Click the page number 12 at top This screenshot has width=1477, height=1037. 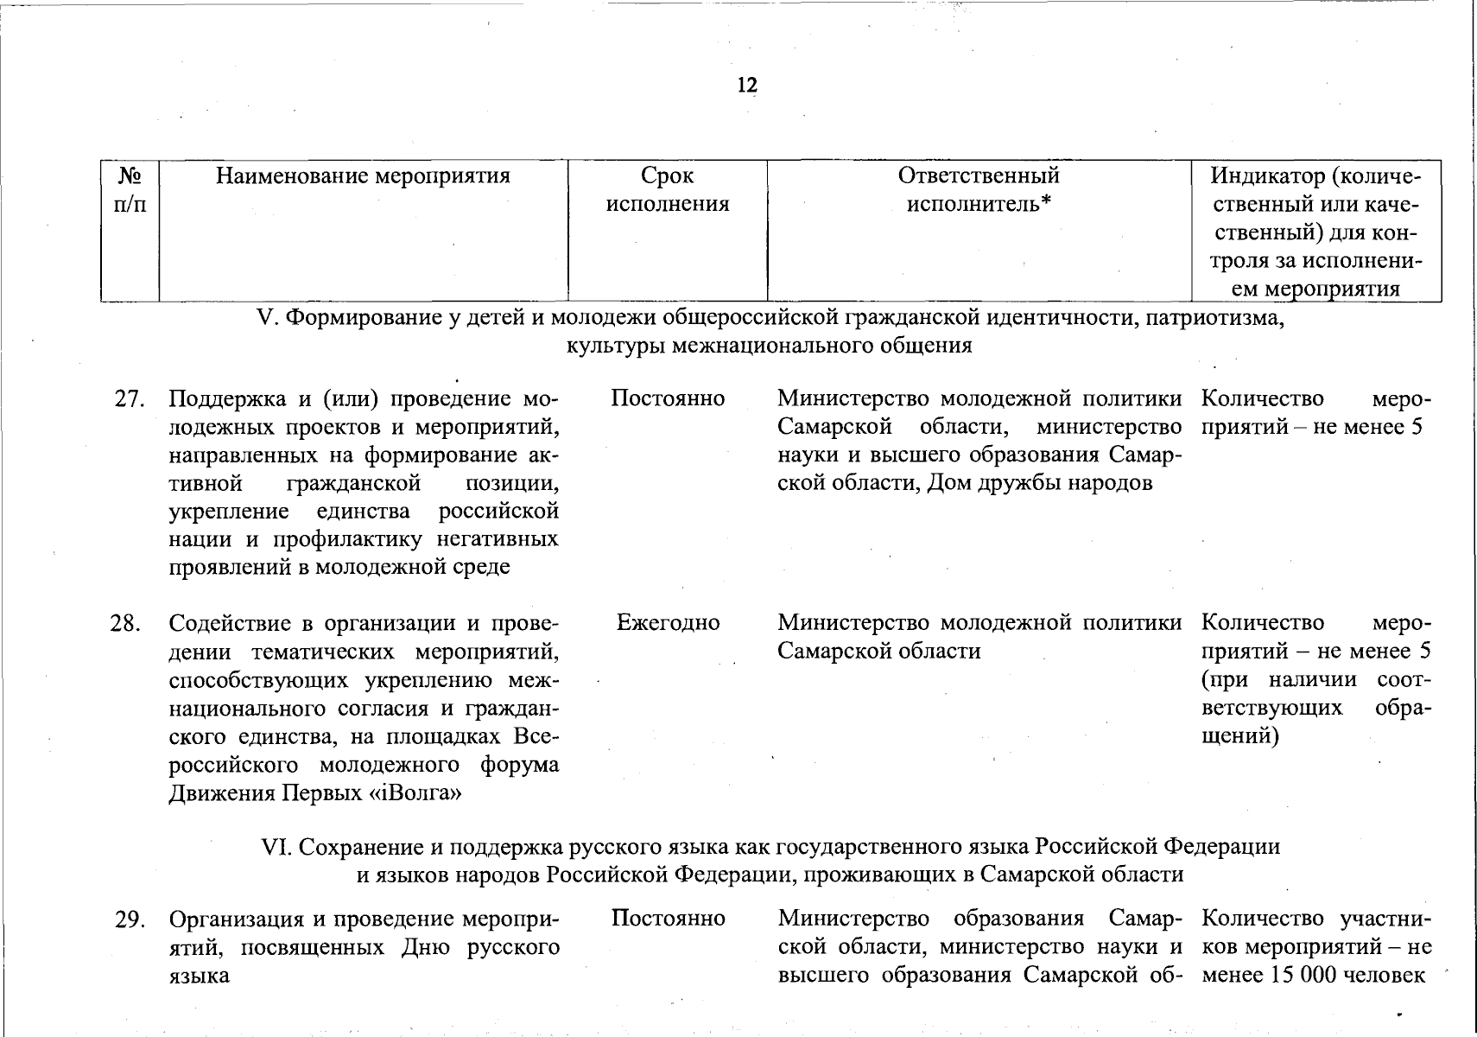[x=747, y=85]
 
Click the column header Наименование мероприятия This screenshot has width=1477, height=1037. [x=363, y=176]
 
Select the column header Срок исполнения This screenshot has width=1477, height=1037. [x=668, y=190]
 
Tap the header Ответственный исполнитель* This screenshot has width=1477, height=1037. [x=979, y=190]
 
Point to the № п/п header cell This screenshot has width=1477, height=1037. [x=130, y=190]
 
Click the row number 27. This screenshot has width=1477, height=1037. [x=129, y=399]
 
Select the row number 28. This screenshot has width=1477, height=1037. [x=126, y=623]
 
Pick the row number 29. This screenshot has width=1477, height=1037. [x=129, y=919]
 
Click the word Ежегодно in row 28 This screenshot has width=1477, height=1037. [x=668, y=622]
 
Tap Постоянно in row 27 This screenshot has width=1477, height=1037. [x=668, y=398]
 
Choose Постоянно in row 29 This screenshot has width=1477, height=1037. [x=668, y=918]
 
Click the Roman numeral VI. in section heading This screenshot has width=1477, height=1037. [x=277, y=847]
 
